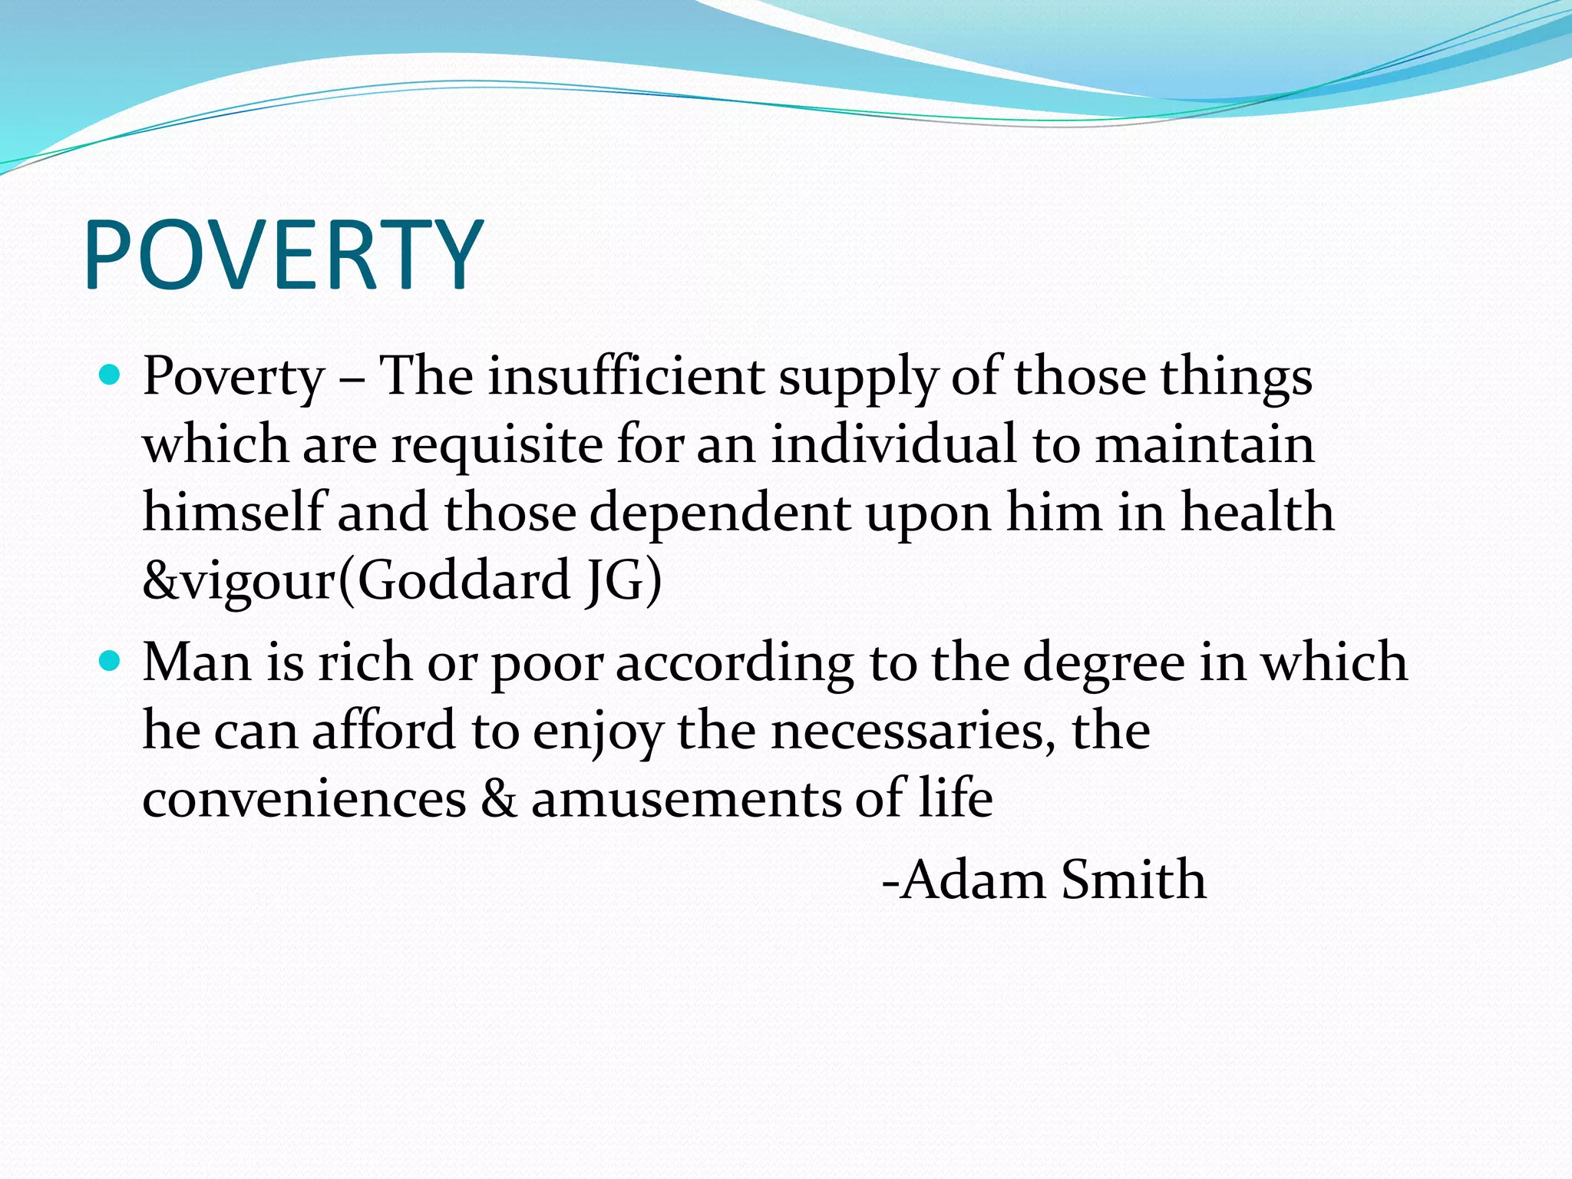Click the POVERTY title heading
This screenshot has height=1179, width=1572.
click(284, 256)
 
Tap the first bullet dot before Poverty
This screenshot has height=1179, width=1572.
click(111, 375)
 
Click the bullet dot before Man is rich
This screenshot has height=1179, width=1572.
click(111, 660)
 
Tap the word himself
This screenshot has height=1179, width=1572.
click(233, 512)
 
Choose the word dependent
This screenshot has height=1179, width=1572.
click(720, 513)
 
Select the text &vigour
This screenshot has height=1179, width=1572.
click(238, 582)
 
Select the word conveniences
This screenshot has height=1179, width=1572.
click(304, 798)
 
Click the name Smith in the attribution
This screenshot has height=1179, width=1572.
click(1134, 879)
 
